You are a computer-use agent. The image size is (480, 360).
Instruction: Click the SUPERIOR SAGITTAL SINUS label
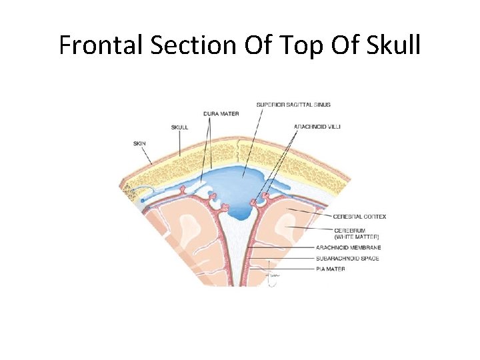pos(293,105)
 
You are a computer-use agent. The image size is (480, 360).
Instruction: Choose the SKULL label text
pos(179,127)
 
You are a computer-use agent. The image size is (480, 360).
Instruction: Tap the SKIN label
pos(140,142)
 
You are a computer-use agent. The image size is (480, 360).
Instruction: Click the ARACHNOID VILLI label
pos(317,127)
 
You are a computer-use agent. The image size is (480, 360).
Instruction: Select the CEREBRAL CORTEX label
pos(361,216)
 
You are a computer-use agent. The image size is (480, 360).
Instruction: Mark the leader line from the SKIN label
pos(147,155)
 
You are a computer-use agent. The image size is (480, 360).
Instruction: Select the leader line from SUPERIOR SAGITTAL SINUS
pos(251,139)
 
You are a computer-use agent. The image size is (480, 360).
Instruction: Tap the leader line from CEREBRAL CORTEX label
pos(310,213)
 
